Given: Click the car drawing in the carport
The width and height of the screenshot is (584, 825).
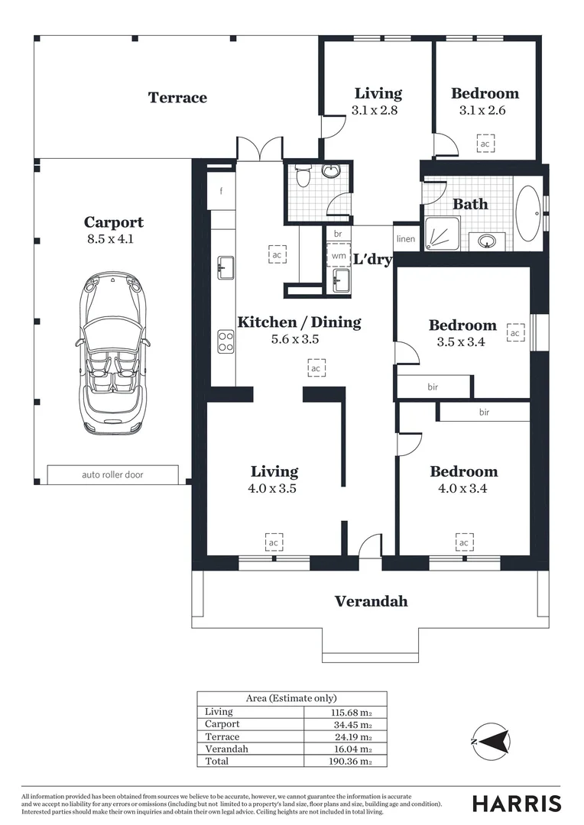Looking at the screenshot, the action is [x=112, y=354].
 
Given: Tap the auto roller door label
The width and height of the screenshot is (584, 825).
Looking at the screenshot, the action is [x=112, y=474].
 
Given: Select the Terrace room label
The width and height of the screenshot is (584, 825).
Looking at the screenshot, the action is [x=177, y=97].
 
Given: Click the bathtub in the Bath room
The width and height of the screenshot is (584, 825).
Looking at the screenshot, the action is [x=528, y=214].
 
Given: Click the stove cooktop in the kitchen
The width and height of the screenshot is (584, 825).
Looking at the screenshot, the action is [x=226, y=341].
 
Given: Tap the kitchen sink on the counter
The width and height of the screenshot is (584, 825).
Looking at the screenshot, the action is [x=225, y=267].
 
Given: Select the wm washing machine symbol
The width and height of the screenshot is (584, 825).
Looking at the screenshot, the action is [x=339, y=256].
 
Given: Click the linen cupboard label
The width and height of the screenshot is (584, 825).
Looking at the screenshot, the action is [x=405, y=239].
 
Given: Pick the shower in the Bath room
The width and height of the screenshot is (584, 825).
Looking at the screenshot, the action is [x=443, y=235].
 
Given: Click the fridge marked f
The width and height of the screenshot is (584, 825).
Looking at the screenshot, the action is [x=221, y=190].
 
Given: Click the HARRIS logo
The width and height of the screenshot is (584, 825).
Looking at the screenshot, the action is [x=517, y=804].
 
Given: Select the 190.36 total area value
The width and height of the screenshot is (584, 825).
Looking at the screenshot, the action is [x=352, y=762].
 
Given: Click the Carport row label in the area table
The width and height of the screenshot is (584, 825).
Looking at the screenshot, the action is [x=222, y=724].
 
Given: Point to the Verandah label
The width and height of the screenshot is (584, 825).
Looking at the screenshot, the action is [x=371, y=601].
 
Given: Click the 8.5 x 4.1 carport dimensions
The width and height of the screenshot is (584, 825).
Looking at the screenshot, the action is [x=111, y=239].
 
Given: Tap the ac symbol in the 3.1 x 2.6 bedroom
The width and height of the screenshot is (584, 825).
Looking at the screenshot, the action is [x=485, y=144].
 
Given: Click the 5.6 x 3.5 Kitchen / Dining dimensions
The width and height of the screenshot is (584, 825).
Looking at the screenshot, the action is [x=295, y=339].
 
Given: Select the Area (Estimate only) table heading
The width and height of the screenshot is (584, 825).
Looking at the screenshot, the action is [x=291, y=698].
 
